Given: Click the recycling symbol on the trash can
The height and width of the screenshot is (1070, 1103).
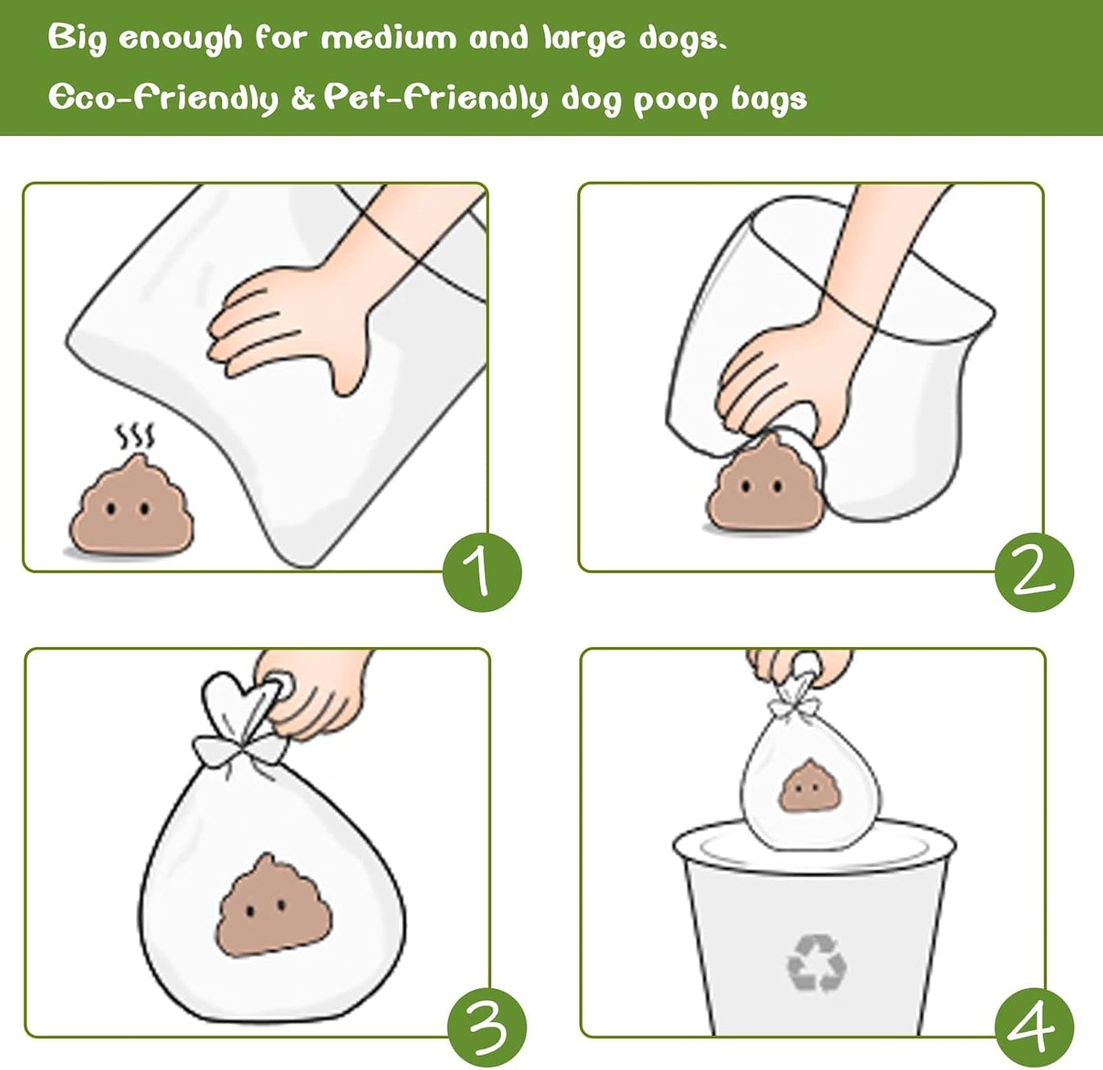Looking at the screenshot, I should (x=816, y=963).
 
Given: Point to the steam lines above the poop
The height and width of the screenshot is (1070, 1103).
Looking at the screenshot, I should (x=135, y=437).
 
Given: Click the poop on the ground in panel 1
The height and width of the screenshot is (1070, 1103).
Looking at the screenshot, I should (x=131, y=507).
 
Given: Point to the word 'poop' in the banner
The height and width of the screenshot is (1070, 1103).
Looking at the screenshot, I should (x=675, y=101).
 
